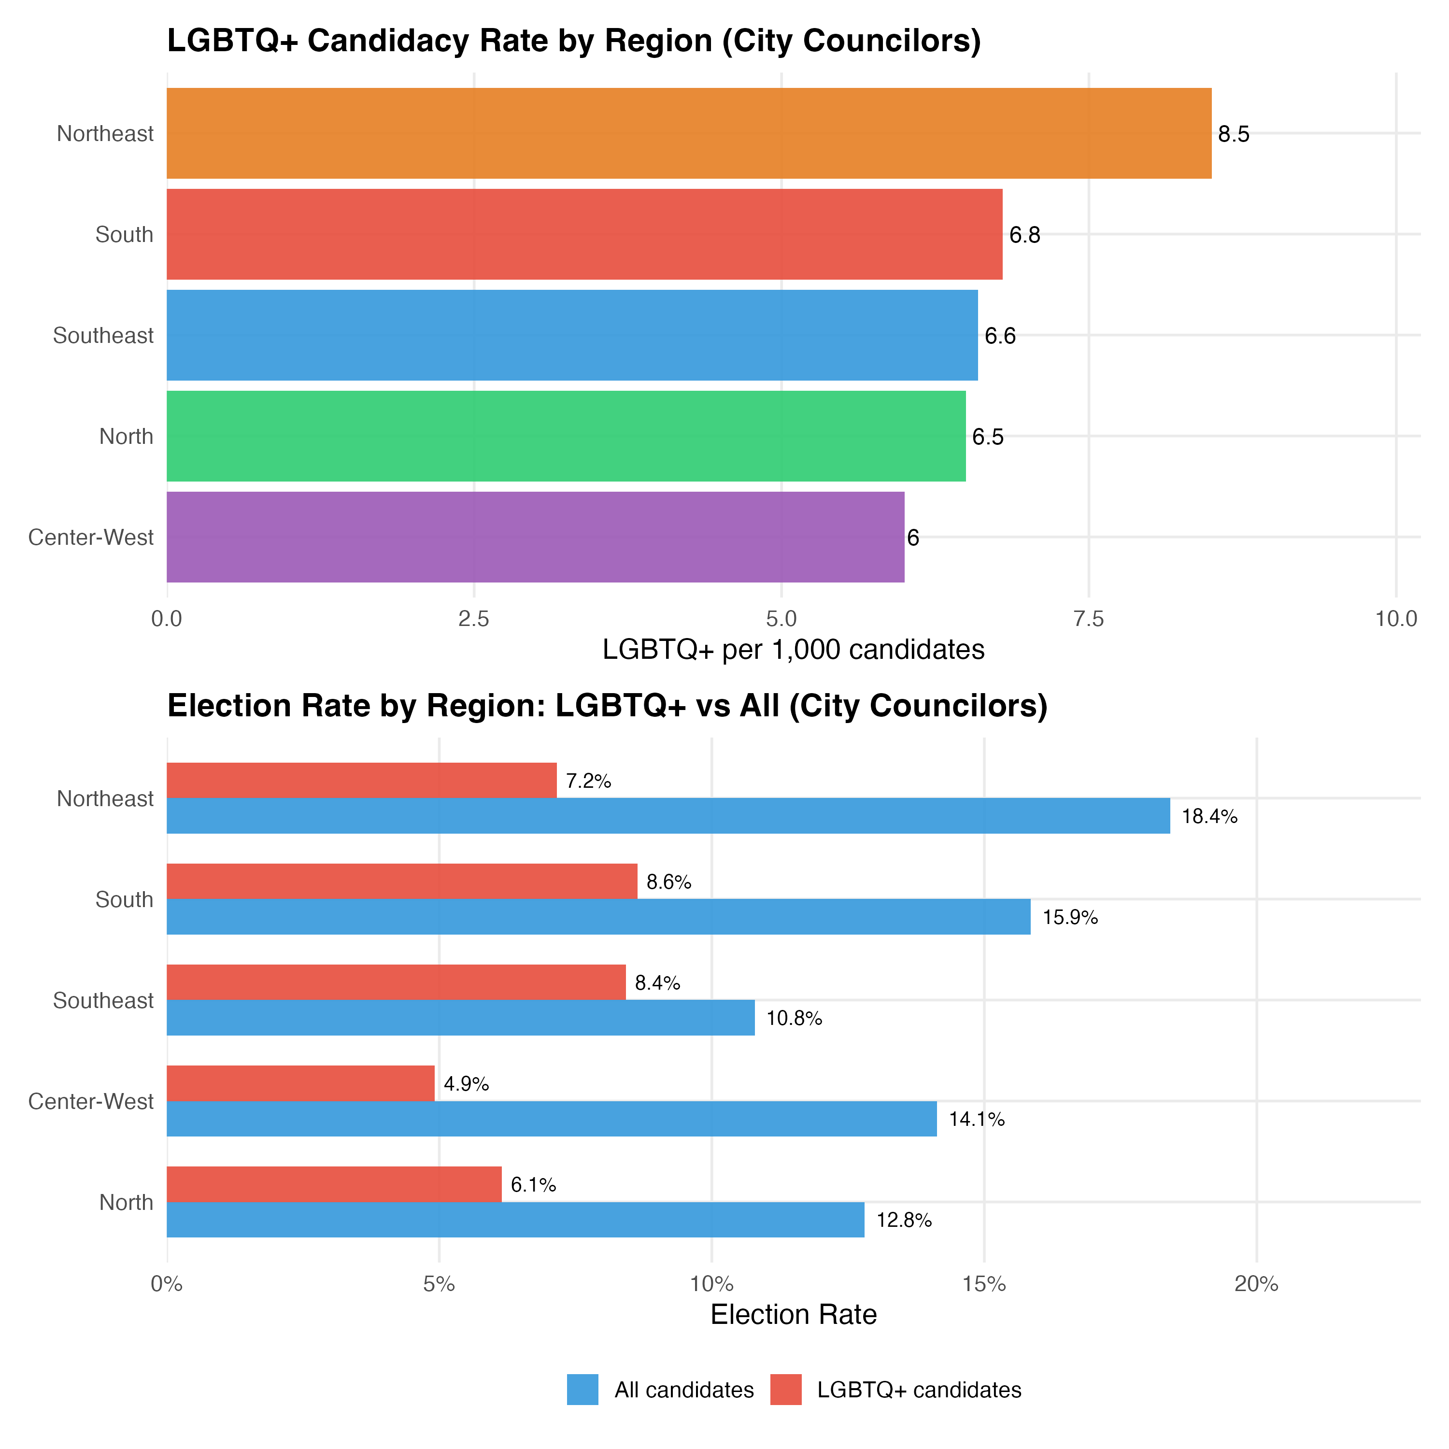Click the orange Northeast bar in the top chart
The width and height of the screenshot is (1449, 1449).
click(x=688, y=133)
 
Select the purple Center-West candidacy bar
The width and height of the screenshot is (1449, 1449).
click(x=535, y=537)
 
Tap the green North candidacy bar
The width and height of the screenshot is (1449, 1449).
click(x=566, y=436)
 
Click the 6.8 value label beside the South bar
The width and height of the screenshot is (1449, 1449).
click(x=1024, y=236)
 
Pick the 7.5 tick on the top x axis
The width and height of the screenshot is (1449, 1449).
click(x=1088, y=620)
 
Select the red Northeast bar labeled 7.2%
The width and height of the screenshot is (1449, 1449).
click(x=361, y=781)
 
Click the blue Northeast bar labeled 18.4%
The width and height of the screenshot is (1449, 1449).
click(x=668, y=816)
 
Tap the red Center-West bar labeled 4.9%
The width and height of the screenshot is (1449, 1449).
click(x=300, y=1083)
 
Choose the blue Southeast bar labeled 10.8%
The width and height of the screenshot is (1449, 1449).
click(x=460, y=1018)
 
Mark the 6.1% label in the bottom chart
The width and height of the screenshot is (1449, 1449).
click(x=533, y=1185)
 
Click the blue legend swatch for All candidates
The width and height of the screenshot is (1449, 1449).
click(x=583, y=1390)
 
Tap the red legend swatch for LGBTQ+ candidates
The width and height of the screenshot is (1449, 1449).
click(x=786, y=1390)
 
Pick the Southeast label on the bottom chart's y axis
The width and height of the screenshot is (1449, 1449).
click(x=103, y=1000)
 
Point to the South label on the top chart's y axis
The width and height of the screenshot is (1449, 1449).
click(x=125, y=235)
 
